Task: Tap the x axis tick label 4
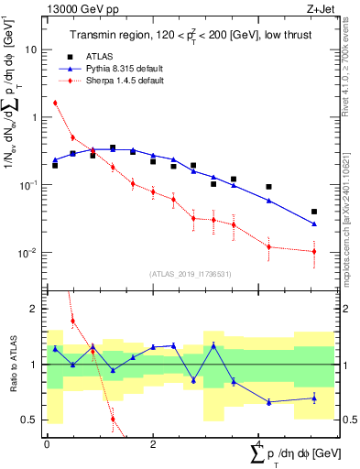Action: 259,443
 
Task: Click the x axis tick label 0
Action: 47,443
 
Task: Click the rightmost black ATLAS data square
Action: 314,212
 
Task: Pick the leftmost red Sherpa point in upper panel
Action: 55,103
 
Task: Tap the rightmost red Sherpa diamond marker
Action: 314,251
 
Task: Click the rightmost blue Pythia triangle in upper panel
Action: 314,224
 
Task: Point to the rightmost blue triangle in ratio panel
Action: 314,398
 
